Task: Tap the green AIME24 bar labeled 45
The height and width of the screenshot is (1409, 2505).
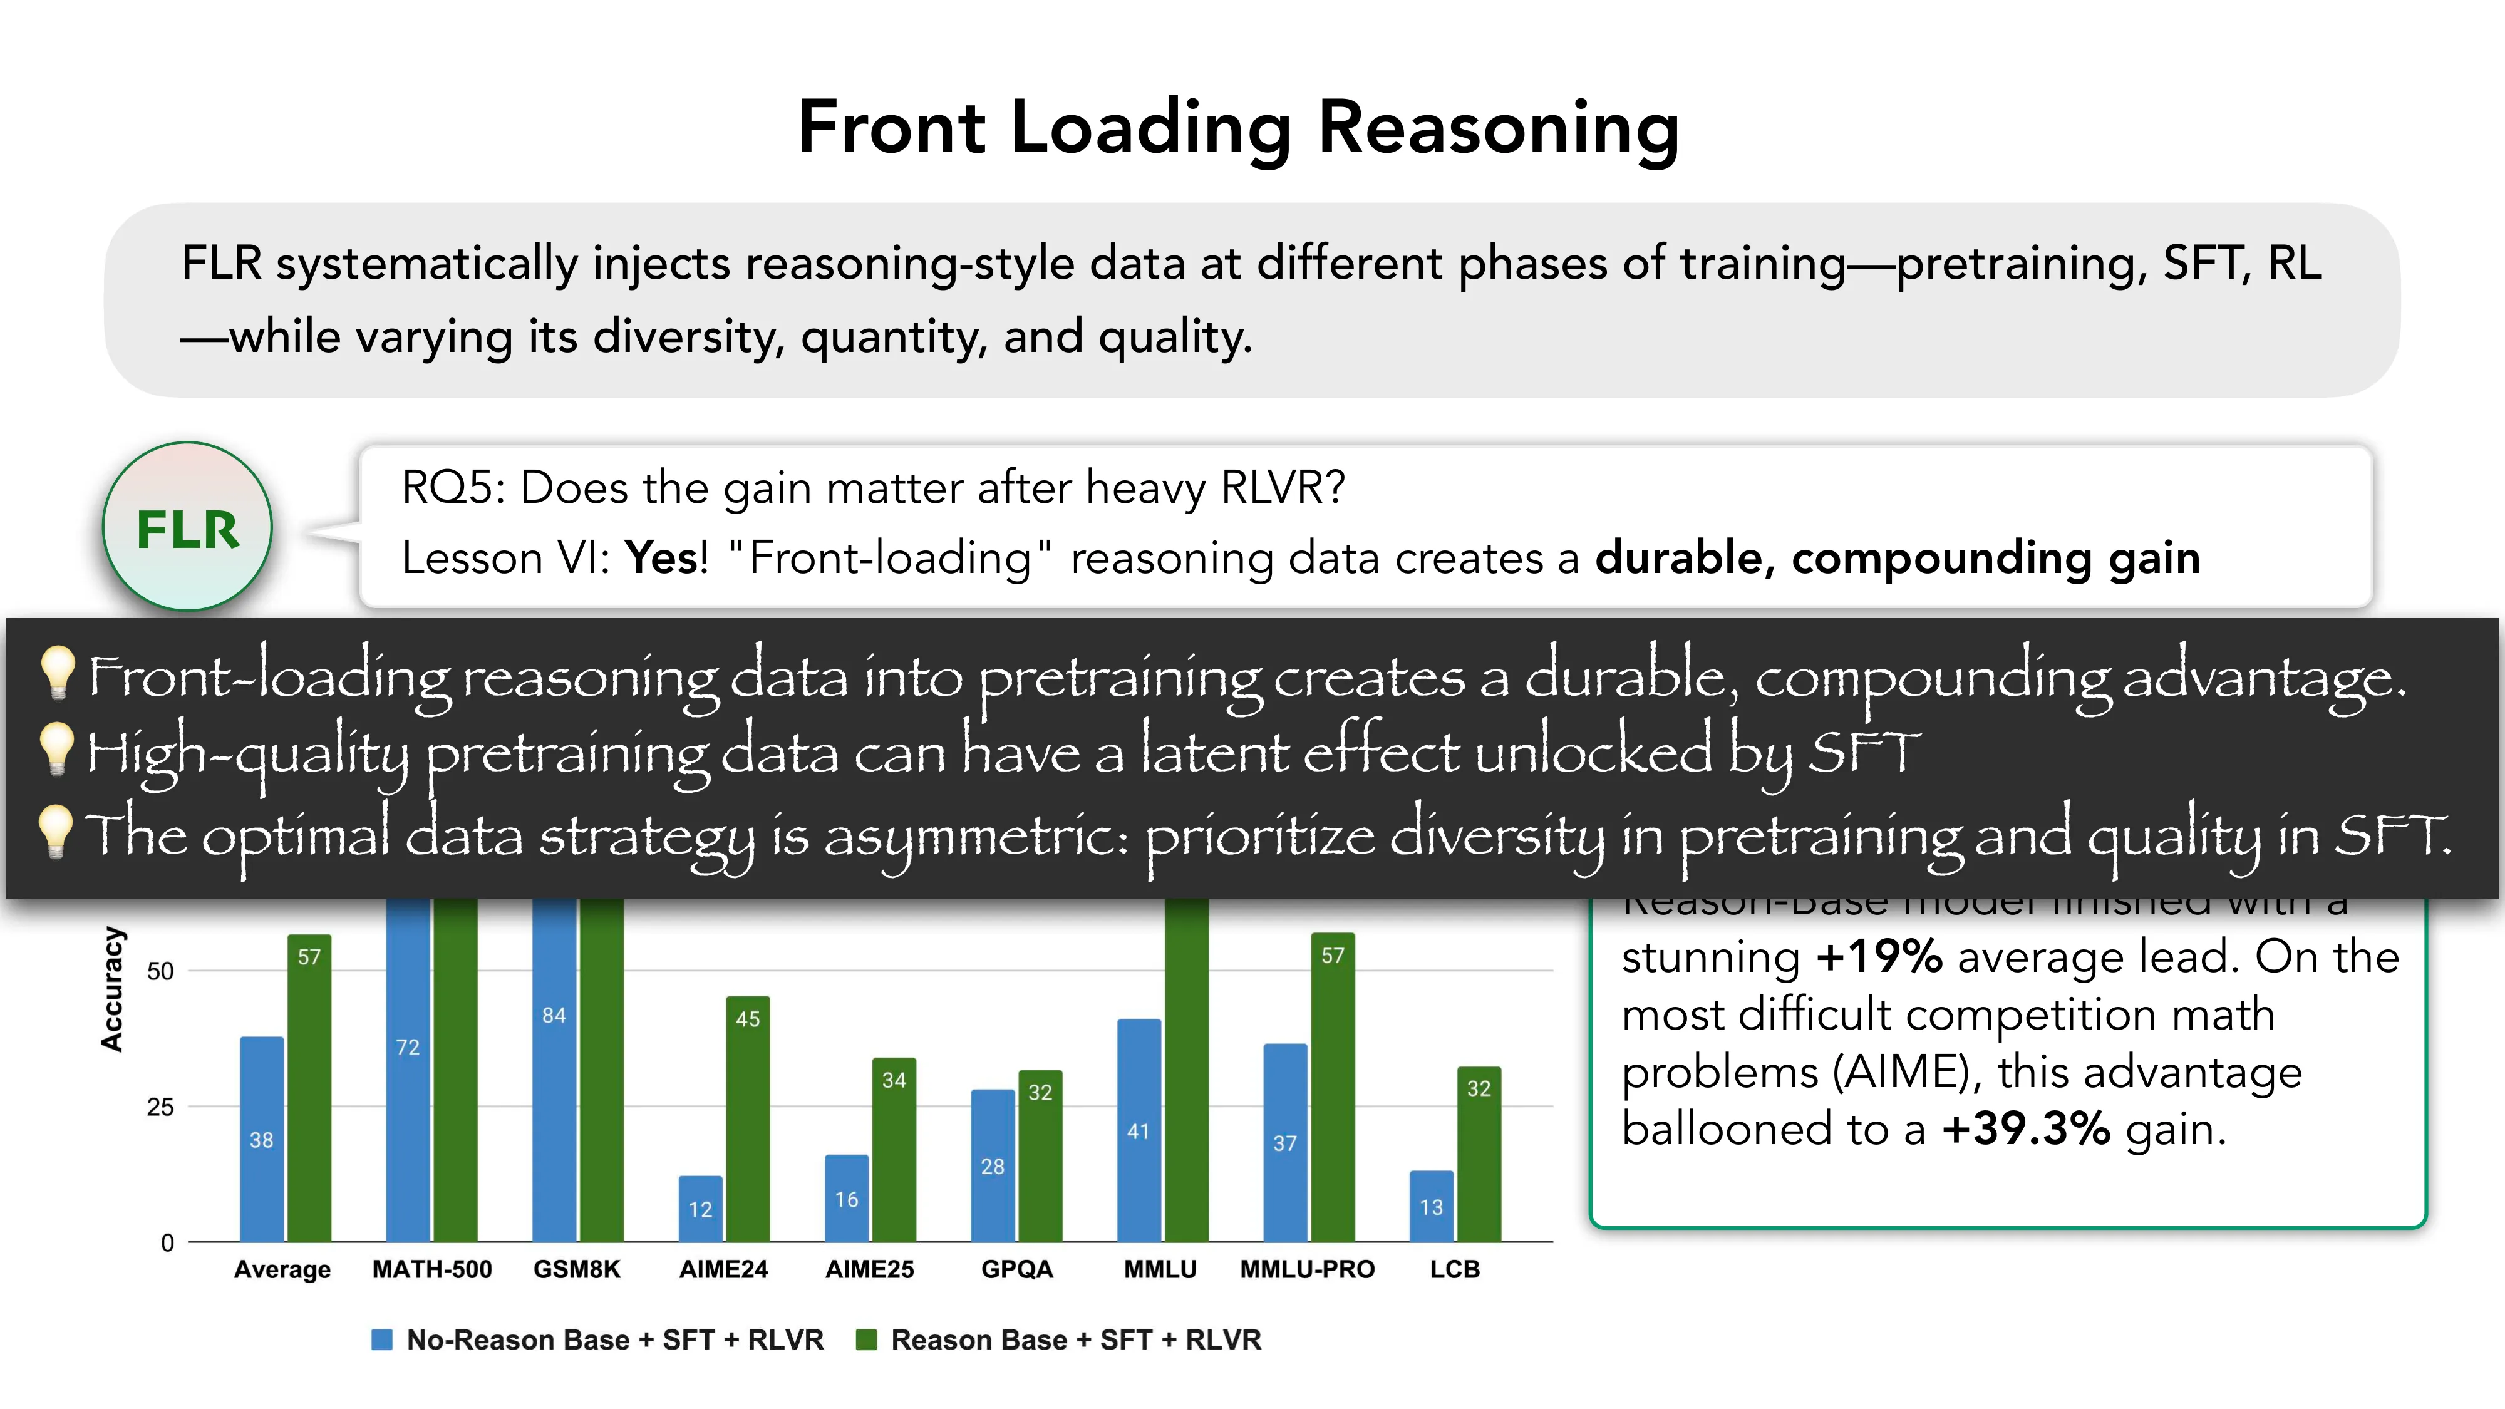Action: pos(748,1118)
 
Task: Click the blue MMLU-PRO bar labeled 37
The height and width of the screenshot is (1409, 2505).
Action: pos(1284,1143)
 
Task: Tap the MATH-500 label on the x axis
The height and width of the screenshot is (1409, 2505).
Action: pos(431,1269)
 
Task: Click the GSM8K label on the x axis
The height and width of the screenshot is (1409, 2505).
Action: pos(577,1269)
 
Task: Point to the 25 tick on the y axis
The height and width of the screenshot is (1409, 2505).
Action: pos(160,1107)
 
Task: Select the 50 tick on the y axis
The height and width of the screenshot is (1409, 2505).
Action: pos(160,971)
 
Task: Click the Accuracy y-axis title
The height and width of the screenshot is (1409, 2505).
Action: pos(112,989)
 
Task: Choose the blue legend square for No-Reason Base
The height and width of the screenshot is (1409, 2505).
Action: pos(382,1340)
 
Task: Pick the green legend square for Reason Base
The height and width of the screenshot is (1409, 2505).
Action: pos(865,1340)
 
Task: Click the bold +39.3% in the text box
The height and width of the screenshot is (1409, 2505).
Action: pos(2025,1129)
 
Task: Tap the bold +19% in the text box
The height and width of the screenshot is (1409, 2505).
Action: pos(1879,957)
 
